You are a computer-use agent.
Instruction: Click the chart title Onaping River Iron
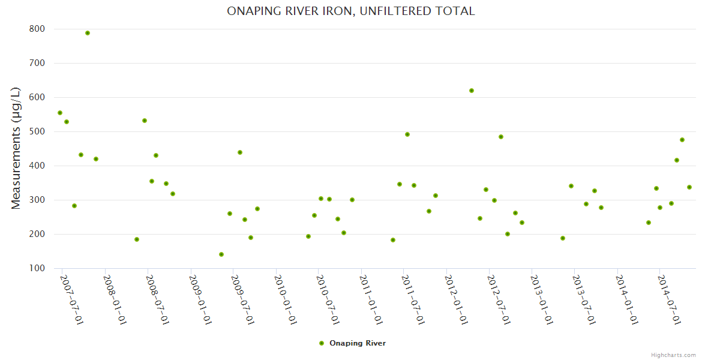point(350,11)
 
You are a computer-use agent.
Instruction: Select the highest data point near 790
point(88,33)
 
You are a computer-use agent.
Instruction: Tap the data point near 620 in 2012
point(472,91)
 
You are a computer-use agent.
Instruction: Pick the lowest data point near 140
point(221,254)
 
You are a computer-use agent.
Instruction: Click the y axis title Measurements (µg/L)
point(16,148)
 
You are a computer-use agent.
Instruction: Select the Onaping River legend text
point(358,343)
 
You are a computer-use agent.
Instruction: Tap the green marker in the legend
point(322,343)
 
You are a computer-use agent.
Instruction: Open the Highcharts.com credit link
point(673,355)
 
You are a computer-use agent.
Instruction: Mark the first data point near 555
point(60,113)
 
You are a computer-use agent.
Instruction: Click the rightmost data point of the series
point(689,187)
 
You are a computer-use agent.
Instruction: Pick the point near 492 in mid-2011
point(407,134)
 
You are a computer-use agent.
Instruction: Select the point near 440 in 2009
point(240,152)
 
